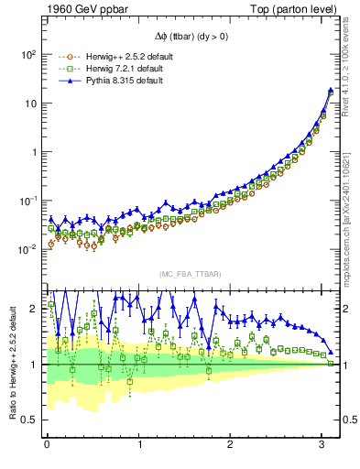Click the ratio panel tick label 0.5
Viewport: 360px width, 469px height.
[x=29, y=420]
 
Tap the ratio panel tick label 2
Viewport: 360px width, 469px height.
[x=34, y=309]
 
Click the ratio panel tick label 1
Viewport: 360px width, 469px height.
[x=34, y=365]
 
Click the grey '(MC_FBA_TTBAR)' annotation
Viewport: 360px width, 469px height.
[x=191, y=275]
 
